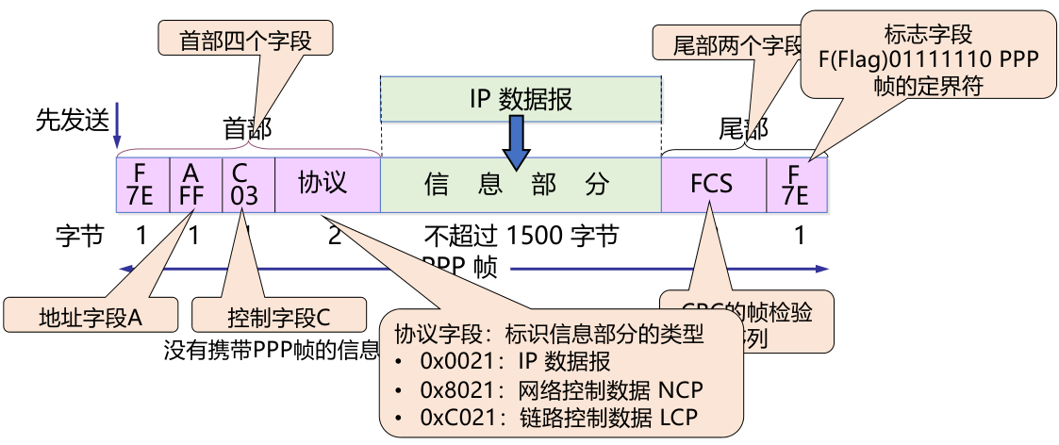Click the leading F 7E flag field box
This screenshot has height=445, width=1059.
[x=141, y=184]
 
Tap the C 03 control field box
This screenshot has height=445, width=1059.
[x=248, y=184]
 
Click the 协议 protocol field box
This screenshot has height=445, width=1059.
[x=326, y=184]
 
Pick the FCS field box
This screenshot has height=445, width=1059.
[x=711, y=184]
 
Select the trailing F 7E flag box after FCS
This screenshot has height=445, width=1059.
[x=797, y=184]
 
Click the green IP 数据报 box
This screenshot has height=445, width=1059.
[x=520, y=99]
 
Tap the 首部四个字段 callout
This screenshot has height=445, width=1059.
[x=245, y=40]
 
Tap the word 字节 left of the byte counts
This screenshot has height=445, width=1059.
[x=79, y=236]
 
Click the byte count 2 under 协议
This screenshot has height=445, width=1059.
[x=334, y=236]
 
